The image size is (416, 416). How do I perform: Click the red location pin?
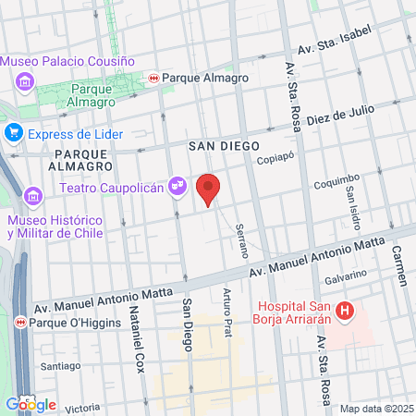(x=209, y=189)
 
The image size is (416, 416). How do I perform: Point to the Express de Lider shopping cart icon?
(x=13, y=133)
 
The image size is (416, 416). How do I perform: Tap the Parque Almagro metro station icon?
(x=153, y=79)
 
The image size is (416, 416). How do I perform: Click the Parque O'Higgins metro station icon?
(x=19, y=323)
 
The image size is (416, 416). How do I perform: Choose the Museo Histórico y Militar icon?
(x=33, y=196)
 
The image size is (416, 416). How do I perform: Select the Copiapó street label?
(x=275, y=157)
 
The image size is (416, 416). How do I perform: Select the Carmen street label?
(x=399, y=265)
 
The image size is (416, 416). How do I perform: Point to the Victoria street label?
(x=82, y=407)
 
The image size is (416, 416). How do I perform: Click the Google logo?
(x=31, y=404)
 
